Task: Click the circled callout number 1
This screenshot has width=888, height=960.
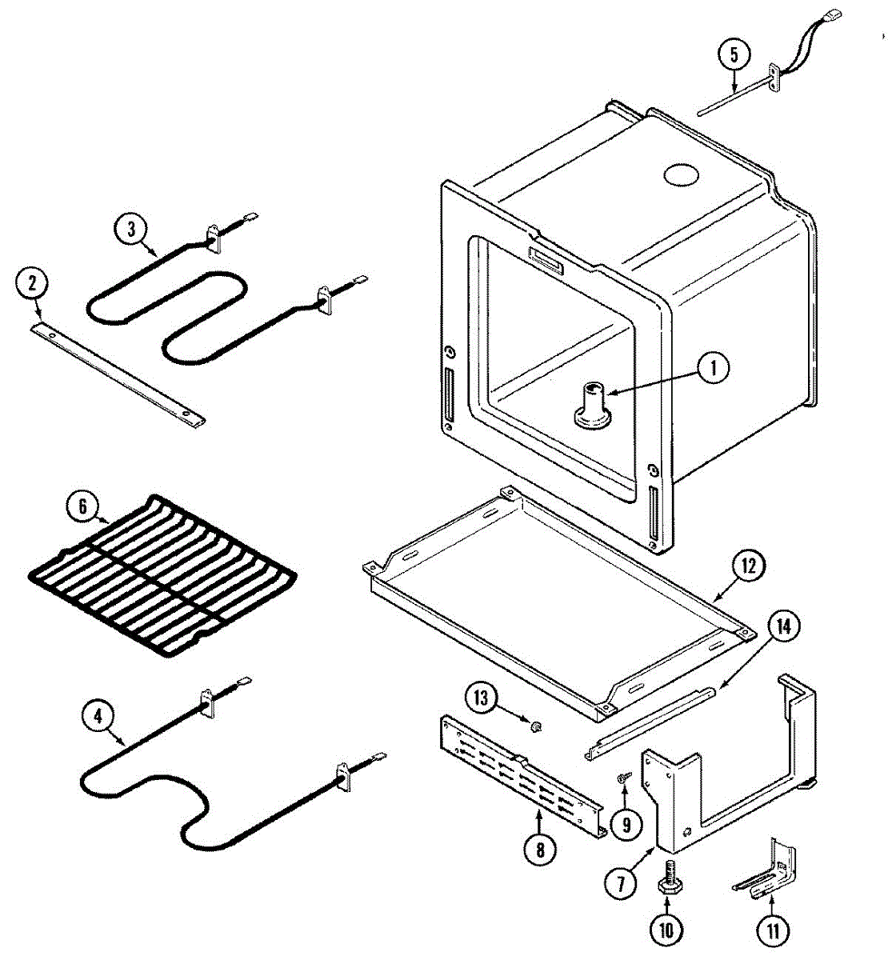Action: coord(713,369)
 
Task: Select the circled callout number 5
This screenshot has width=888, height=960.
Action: coord(734,55)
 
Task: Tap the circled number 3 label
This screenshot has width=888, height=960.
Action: coord(131,229)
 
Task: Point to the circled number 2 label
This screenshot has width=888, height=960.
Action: coord(32,283)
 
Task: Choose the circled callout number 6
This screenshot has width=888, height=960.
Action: coord(83,506)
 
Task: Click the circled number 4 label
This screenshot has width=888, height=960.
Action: coord(98,716)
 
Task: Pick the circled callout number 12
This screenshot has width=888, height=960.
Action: coord(748,566)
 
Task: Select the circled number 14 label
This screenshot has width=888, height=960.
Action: coord(783,627)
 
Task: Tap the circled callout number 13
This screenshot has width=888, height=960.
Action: coord(482,698)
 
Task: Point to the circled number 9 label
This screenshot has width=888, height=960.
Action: coord(626,825)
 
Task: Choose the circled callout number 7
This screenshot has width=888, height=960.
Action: coord(621,885)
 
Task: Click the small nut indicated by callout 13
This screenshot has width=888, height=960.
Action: coord(536,726)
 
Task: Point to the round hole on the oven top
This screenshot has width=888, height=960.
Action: coord(681,174)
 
